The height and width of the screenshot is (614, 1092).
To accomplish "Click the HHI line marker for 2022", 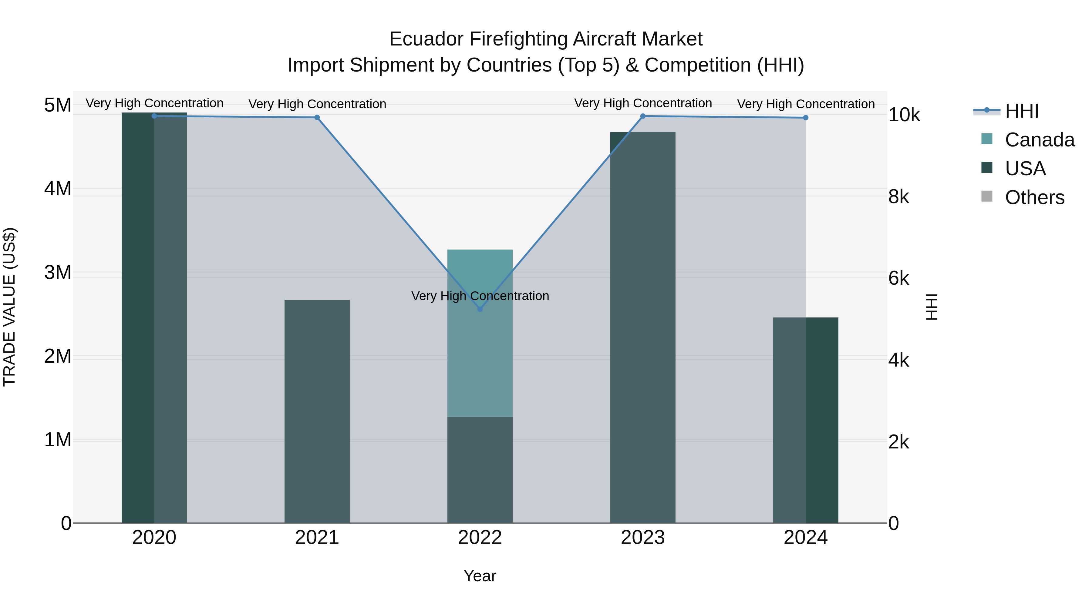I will (480, 309).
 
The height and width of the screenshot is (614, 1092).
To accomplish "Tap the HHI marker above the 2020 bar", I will (154, 116).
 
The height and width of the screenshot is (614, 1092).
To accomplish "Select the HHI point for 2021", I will (317, 117).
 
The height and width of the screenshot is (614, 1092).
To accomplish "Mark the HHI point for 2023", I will (643, 116).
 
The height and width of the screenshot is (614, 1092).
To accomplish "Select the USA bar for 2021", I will (317, 411).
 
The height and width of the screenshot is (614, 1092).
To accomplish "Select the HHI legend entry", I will (1022, 111).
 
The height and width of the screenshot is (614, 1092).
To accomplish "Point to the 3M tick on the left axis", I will (58, 273).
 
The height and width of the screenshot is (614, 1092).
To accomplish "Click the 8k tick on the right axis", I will (899, 196).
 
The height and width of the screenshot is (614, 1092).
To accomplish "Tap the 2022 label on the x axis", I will (480, 538).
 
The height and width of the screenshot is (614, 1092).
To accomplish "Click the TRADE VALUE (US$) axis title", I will (9, 307).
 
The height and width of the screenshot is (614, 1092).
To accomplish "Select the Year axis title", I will (480, 576).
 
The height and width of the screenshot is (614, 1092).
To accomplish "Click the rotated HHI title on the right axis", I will (932, 307).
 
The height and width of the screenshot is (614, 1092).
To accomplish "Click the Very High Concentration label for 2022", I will (480, 296).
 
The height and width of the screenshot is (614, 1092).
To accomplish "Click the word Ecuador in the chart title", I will (426, 39).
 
